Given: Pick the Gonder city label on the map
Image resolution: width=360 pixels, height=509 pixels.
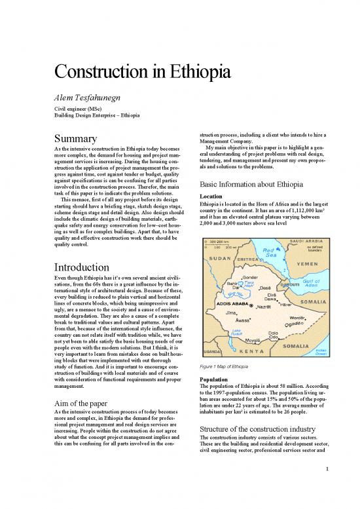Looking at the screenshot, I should click(251, 278).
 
